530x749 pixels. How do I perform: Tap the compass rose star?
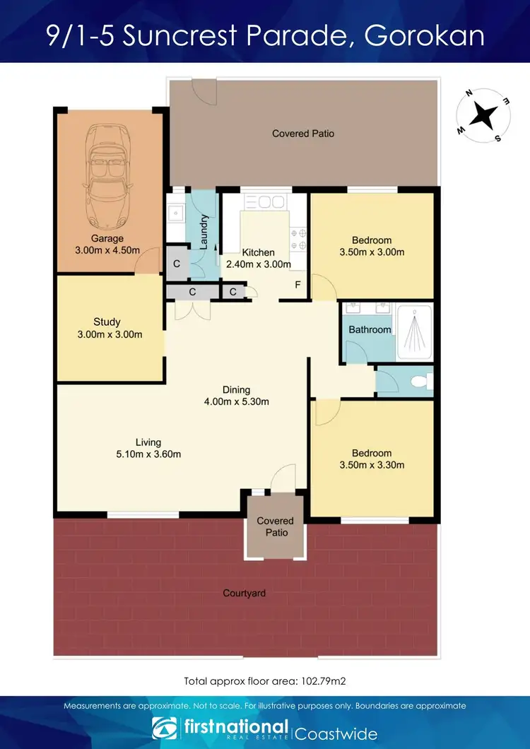(483, 115)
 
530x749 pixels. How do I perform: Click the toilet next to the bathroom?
(419, 382)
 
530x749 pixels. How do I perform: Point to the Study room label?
(107, 322)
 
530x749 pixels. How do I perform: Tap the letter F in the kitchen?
(298, 285)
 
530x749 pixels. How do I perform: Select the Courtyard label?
(244, 593)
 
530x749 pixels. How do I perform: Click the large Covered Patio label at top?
(303, 133)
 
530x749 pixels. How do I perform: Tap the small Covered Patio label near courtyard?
(275, 526)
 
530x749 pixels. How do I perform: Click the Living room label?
(148, 443)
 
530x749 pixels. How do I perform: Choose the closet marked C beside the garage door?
(176, 264)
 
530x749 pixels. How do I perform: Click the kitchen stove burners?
(298, 239)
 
